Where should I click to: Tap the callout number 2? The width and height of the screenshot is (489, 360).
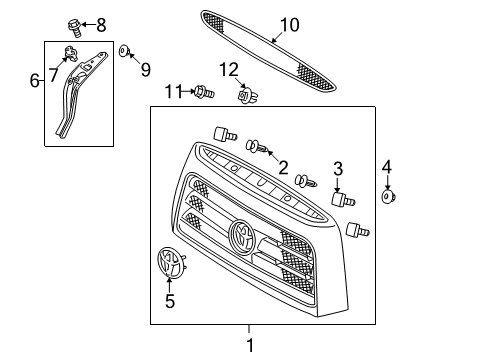point(284,167)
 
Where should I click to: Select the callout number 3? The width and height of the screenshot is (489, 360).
point(338,168)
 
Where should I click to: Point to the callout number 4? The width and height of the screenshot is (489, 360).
point(387,167)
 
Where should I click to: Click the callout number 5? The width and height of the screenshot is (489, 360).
point(169,300)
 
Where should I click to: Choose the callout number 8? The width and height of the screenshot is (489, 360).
point(100,24)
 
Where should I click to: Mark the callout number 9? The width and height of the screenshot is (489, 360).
point(144,69)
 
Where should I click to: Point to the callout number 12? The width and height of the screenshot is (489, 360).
point(231,69)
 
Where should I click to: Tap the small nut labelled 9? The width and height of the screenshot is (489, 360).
point(124,50)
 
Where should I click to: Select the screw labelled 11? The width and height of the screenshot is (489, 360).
point(204,93)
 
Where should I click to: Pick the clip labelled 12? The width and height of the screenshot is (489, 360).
point(243,95)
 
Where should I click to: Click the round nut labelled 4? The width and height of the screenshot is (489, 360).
point(387,198)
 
